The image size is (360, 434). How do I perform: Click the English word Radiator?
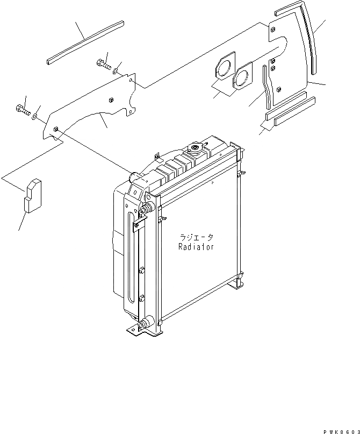[196, 247]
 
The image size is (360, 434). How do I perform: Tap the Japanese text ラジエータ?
[198, 237]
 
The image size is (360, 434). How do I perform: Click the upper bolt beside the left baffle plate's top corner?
[103, 65]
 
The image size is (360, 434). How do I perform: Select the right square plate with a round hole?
[244, 75]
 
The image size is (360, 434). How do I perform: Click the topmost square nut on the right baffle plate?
[273, 29]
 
